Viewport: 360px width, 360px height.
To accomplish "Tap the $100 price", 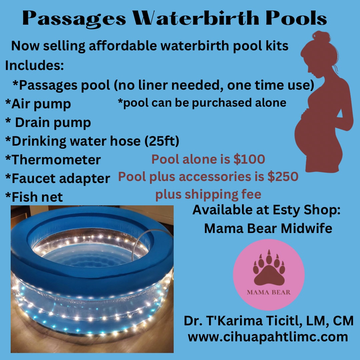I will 249,159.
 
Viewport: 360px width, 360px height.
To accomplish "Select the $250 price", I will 283,177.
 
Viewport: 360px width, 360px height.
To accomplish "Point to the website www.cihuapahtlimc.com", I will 268,337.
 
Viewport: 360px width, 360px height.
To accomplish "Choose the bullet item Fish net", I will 34,197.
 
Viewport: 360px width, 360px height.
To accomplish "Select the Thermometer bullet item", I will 53,160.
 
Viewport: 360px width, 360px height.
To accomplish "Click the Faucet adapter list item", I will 58,178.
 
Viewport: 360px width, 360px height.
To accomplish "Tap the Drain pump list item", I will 49,123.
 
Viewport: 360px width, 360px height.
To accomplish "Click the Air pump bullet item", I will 38,104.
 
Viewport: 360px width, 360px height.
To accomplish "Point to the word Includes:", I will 34,65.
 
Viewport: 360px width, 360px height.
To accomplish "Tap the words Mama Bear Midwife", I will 268,228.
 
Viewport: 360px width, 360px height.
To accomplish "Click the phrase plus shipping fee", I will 208,194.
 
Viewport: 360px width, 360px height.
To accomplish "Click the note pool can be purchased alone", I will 202,103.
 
